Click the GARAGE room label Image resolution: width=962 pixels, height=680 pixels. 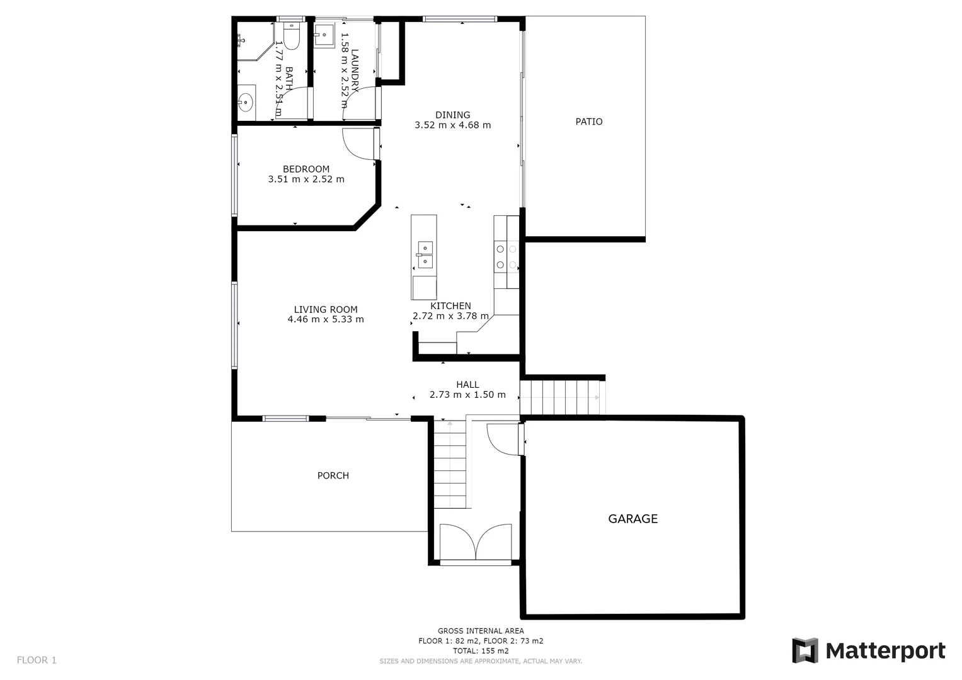point(633,519)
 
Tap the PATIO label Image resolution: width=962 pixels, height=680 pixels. point(588,122)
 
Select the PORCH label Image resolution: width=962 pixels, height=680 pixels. point(333,475)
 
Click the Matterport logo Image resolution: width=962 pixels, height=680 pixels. point(869,650)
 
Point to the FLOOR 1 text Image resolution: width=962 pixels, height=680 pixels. point(37,660)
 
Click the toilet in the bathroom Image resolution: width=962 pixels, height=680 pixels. point(290,37)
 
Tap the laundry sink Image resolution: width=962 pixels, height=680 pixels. point(324,36)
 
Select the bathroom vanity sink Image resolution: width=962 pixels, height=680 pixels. point(245,101)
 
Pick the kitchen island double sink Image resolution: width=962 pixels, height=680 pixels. point(425,254)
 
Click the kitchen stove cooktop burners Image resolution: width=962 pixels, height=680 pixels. point(506,257)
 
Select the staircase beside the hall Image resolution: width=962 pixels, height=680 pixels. point(562,397)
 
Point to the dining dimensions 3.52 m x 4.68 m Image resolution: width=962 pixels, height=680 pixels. point(452,125)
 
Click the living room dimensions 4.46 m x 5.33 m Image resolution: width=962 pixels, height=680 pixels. point(325,319)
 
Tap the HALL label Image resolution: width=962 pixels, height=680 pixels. point(467,384)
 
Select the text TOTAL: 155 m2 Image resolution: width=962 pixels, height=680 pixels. point(481,650)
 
